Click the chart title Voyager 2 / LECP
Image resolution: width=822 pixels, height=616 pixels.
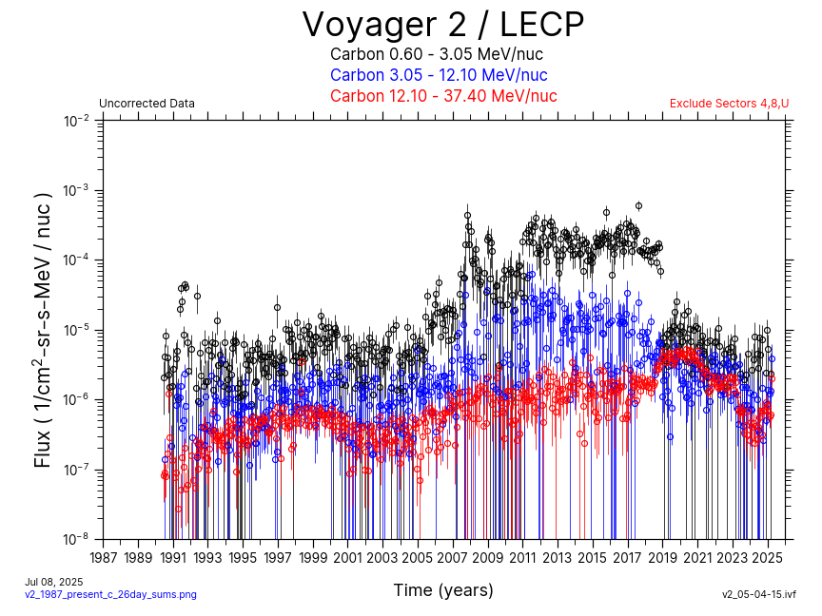tap(442, 25)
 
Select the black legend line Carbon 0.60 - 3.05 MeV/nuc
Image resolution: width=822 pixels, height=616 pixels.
tap(437, 54)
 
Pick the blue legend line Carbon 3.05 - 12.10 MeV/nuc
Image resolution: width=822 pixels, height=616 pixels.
tap(439, 75)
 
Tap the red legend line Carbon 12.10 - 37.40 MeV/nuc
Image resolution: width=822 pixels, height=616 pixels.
tap(442, 96)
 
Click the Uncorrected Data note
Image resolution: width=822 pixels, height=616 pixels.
tap(147, 104)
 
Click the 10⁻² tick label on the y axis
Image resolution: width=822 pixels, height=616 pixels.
tap(77, 121)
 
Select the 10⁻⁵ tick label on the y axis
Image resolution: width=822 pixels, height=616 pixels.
tap(77, 330)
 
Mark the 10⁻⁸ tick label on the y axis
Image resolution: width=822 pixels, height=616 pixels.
tap(77, 539)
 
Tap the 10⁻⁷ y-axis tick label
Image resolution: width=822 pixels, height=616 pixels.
tap(77, 470)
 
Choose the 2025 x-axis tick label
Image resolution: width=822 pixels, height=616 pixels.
tap(768, 557)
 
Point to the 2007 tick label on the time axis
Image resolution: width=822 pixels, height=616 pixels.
tap(453, 557)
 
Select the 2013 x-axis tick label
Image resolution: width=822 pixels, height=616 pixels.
tap(558, 557)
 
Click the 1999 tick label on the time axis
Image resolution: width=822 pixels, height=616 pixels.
tap(313, 557)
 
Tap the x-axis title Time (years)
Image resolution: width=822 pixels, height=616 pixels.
tap(443, 590)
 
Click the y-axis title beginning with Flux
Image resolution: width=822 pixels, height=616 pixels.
tap(43, 330)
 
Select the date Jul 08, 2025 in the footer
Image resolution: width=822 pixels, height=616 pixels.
tap(54, 582)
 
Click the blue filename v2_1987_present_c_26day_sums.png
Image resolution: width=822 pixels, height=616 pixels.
tap(110, 594)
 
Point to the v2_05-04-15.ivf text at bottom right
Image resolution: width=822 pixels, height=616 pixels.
tap(758, 594)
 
